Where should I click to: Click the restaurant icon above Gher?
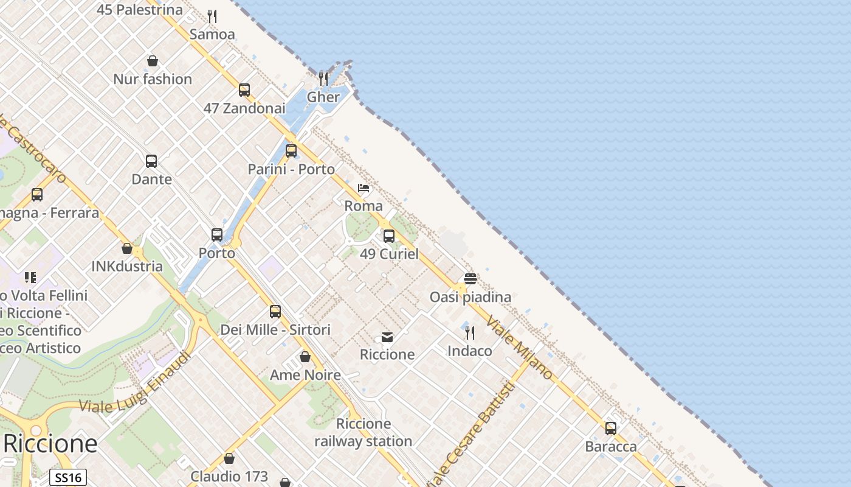[323, 79]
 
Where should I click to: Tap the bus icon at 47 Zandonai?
[244, 90]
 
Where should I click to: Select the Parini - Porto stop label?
[291, 169]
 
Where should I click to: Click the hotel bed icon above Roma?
[363, 188]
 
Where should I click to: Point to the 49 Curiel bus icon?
[389, 236]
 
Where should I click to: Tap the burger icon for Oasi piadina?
[470, 279]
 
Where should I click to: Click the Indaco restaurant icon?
[470, 332]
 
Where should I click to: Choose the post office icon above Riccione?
[387, 337]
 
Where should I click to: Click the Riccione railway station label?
[363, 432]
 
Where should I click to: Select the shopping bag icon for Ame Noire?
[305, 357]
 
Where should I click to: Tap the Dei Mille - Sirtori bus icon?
[275, 312]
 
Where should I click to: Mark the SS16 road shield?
[68, 478]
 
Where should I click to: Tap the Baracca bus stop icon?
[611, 429]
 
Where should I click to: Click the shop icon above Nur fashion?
[153, 61]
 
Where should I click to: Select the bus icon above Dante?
[151, 161]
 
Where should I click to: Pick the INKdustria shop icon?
[127, 248]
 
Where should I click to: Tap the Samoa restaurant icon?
[212, 16]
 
